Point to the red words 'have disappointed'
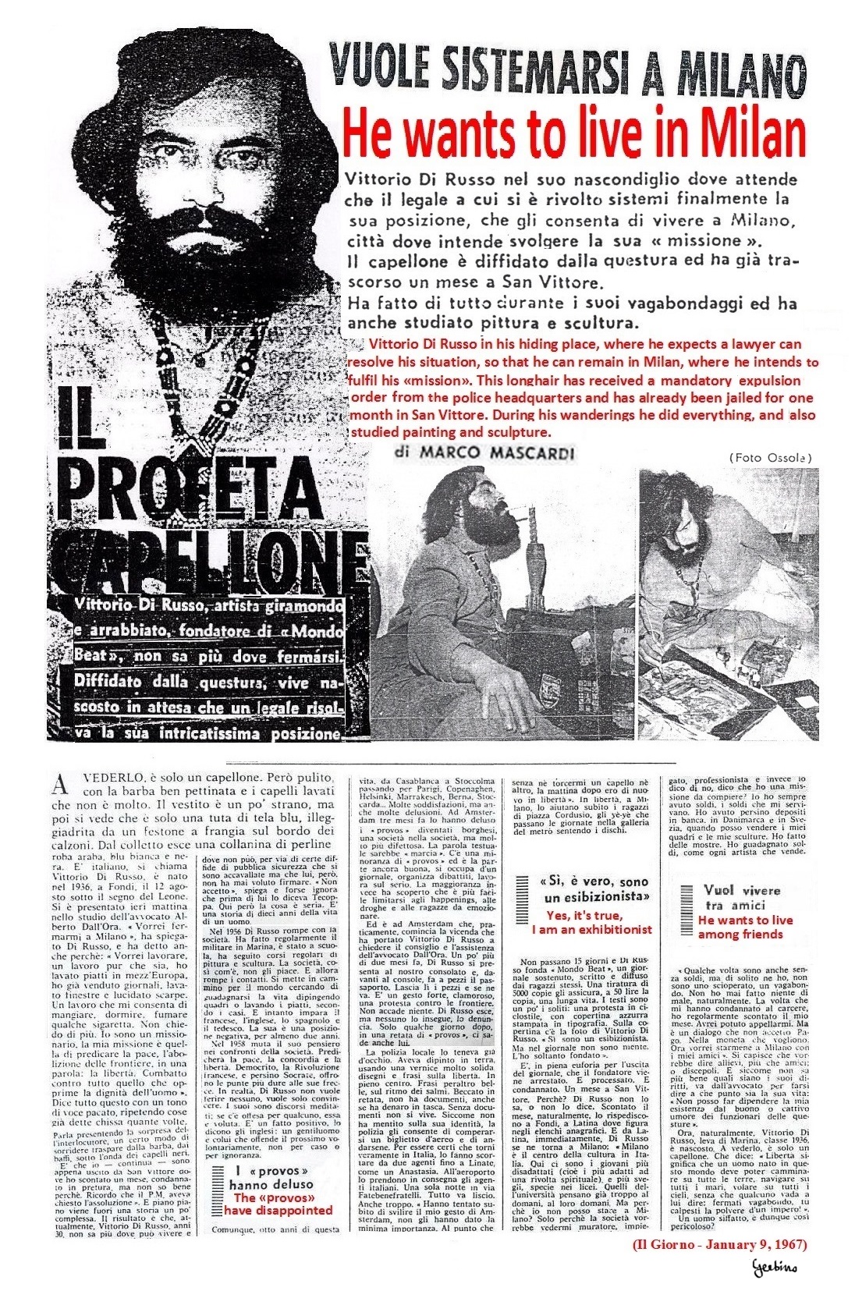coord(278,1211)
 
